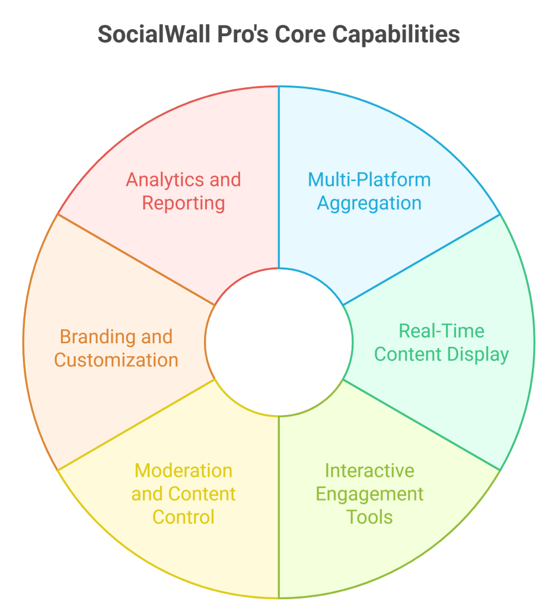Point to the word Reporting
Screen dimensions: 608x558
point(183,204)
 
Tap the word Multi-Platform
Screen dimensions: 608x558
point(369,180)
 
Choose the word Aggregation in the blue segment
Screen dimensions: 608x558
point(369,204)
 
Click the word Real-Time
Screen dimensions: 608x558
point(442,331)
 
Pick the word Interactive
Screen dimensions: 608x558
point(369,471)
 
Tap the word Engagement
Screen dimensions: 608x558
point(369,494)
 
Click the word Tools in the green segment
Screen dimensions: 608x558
point(369,517)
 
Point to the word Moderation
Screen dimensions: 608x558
point(183,471)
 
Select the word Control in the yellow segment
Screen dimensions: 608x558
point(183,517)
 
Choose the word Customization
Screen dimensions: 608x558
point(116,360)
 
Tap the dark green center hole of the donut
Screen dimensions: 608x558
point(279,342)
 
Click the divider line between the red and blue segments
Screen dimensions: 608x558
point(279,178)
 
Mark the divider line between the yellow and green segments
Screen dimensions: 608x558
point(279,505)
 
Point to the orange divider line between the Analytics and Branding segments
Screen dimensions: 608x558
point(136,260)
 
